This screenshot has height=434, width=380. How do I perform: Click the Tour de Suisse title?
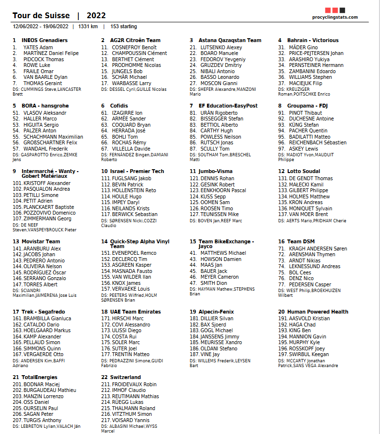(41, 16)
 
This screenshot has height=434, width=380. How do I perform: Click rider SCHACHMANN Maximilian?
(53, 137)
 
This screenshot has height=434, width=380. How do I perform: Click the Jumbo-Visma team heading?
(216, 171)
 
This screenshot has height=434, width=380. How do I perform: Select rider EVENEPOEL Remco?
(135, 253)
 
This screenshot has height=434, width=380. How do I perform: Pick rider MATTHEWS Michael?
(223, 253)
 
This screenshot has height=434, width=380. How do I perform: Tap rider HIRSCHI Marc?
(128, 318)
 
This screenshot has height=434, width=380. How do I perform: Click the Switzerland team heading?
(125, 377)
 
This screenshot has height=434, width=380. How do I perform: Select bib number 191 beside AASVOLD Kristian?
(282, 318)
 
